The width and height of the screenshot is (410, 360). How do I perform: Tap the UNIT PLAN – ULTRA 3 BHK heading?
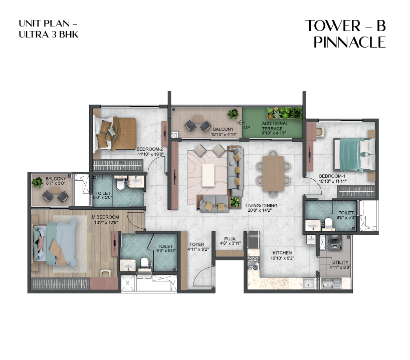49,29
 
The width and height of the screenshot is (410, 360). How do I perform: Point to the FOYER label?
196,246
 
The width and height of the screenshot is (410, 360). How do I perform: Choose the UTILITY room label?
340,265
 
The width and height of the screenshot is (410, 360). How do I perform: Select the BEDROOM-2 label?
150,152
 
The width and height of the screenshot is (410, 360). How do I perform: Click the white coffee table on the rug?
208,175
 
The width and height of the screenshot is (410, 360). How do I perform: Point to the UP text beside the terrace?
247,127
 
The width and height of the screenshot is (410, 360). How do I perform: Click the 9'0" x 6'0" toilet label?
165,249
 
